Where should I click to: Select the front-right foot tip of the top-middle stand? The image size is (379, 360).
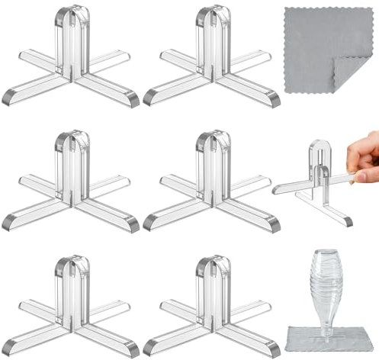tap(272, 99)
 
